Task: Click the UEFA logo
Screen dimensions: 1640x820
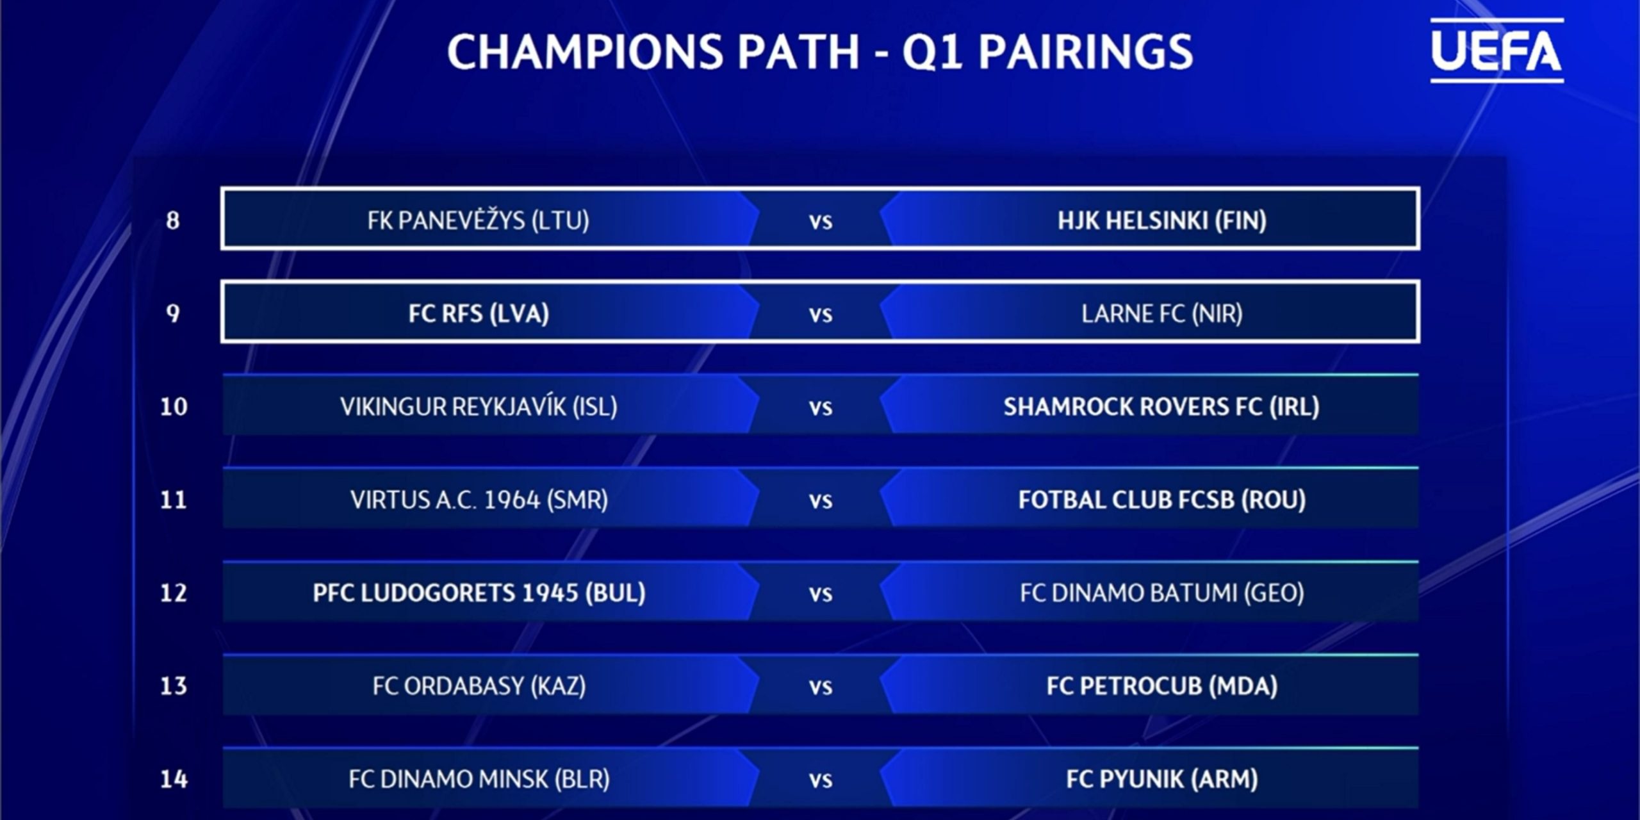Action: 1496,51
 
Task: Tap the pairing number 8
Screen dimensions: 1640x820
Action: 172,220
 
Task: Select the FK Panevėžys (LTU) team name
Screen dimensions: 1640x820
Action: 478,220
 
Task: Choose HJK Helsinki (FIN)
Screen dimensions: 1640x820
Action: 1161,220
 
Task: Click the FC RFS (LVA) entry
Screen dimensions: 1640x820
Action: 479,314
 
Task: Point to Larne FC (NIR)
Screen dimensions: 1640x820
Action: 1161,314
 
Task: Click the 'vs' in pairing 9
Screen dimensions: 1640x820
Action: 821,315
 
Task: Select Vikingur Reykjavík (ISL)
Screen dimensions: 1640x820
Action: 479,407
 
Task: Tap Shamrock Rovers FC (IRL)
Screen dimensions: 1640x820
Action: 1161,407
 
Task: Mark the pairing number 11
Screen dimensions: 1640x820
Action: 173,500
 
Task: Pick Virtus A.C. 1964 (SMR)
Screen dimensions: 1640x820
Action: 479,500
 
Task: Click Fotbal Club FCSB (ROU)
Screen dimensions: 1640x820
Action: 1161,500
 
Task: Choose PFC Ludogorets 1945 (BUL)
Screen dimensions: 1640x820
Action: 479,593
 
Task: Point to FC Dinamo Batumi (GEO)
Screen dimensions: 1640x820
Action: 1161,593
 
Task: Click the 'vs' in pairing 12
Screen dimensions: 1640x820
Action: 821,594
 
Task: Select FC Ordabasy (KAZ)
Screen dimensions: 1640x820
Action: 479,686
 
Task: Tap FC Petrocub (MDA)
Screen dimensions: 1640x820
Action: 1161,686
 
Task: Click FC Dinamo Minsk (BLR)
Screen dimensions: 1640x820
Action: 479,779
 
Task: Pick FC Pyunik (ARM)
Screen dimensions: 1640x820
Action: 1161,779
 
